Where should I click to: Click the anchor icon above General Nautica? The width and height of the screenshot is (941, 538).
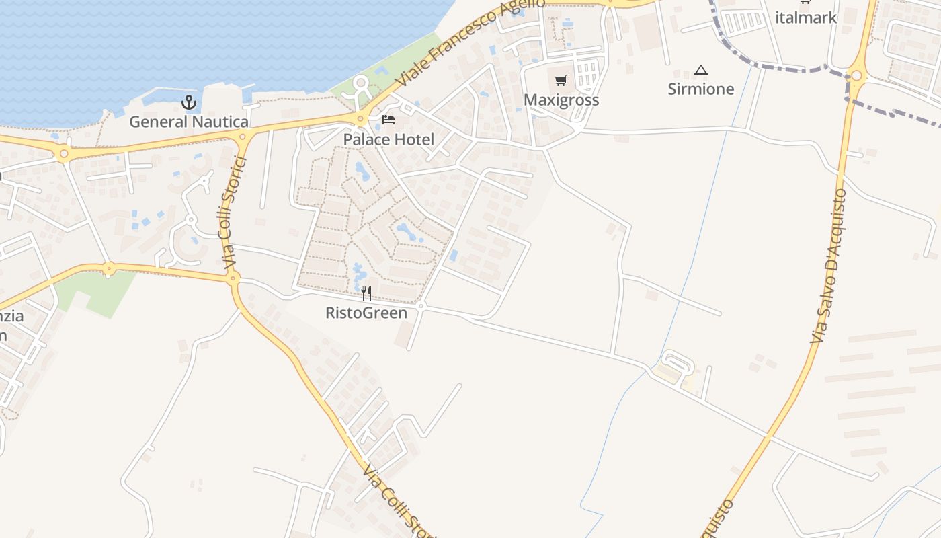coord(189,103)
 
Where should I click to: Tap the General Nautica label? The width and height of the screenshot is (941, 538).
coord(189,122)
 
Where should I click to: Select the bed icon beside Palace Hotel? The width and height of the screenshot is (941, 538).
coord(388,120)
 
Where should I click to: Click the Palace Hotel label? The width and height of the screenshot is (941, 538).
coord(388,139)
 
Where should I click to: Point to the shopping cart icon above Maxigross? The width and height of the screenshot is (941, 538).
coord(561,81)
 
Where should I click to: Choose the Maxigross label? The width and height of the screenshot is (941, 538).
coord(561,100)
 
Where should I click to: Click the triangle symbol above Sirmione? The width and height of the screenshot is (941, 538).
coord(701,70)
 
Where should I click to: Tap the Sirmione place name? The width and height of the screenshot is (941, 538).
coord(701,89)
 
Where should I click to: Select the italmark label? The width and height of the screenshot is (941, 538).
coord(806,17)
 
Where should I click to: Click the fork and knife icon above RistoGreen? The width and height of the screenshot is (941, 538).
coord(366,293)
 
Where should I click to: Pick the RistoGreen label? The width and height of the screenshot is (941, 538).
coord(366,313)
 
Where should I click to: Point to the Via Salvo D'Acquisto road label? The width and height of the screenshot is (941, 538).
coord(828,266)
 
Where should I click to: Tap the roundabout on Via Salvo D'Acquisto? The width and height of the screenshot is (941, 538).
coord(856,75)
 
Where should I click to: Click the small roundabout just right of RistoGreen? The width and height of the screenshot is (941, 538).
coord(421,306)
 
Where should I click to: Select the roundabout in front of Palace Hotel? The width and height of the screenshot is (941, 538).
coord(361,120)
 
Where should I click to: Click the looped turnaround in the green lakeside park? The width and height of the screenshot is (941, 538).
coord(362,84)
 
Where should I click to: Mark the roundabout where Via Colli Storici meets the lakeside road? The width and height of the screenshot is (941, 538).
coord(243,137)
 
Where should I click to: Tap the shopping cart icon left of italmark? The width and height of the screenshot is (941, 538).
coord(805,2)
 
